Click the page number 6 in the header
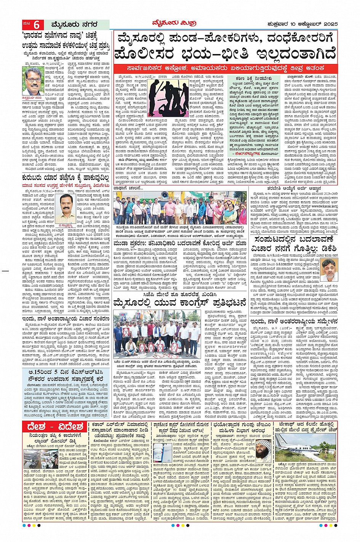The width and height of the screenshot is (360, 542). pyautogui.click(x=37, y=25)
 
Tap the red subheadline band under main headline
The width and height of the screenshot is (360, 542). pyautogui.click(x=226, y=68)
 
